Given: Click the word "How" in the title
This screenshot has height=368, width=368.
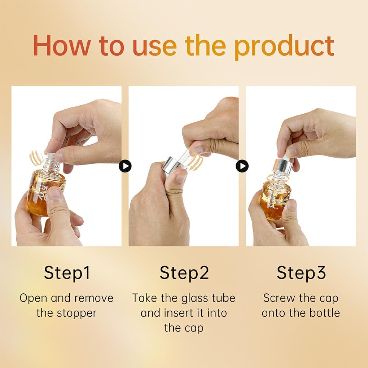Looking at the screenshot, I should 61,45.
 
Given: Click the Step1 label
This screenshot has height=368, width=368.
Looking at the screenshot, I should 67,273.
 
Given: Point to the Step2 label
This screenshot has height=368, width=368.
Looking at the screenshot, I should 184,273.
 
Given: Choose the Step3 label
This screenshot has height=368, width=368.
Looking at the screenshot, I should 301,273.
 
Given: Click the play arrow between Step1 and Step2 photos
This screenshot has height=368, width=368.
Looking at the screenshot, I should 125,166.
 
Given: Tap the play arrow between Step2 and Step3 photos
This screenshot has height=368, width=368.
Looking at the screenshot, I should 242,166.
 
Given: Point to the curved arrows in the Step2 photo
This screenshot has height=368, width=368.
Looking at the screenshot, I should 196,162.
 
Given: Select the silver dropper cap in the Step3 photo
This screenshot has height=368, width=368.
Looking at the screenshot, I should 282,165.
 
